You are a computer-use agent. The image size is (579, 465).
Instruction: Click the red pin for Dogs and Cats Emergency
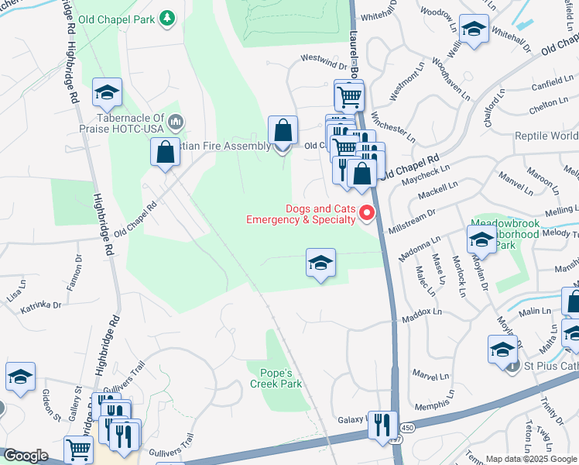(x=368, y=213)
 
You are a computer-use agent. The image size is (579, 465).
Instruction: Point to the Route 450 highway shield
(x=407, y=428)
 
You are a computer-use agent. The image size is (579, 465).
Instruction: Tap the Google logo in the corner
(x=26, y=456)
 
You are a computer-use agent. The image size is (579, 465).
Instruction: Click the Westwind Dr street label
(x=323, y=58)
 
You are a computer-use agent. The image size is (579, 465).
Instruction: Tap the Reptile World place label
(x=546, y=136)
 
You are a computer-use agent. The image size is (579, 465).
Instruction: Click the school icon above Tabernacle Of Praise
(x=107, y=93)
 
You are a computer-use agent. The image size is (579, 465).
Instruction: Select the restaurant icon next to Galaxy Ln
(x=382, y=425)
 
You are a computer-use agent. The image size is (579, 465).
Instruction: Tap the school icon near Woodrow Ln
(x=474, y=29)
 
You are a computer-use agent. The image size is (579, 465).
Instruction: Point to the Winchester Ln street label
(x=393, y=128)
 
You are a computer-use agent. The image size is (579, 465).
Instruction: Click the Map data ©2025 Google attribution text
(x=531, y=459)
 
